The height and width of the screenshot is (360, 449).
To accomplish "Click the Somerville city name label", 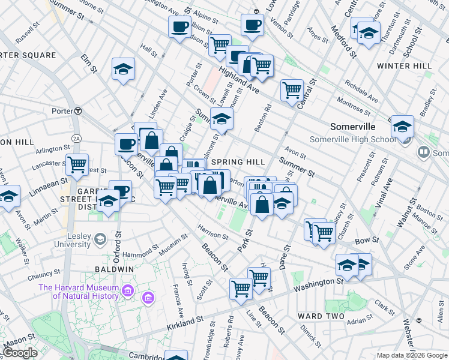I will coord(352,127).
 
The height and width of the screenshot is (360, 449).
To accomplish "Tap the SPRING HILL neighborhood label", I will coord(238,162).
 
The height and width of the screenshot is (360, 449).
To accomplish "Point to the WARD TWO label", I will coord(321,316).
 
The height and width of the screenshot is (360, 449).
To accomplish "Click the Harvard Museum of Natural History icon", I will coord(127,292).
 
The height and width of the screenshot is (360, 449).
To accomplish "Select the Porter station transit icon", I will coord(78,111).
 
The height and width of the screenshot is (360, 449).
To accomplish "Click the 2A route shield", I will coord(76,139).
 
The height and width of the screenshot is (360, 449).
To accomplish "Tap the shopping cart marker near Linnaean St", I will coord(77,164).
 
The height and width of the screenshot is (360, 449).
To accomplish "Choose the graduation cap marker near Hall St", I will coord(123,69).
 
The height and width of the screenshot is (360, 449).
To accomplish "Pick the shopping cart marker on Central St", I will coord(292,91).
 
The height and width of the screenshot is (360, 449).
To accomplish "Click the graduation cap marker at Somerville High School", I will coord(402,127).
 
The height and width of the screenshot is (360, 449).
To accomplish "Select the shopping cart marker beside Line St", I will coord(241,289).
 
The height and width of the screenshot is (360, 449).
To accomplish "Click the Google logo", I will coord(19,353).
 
